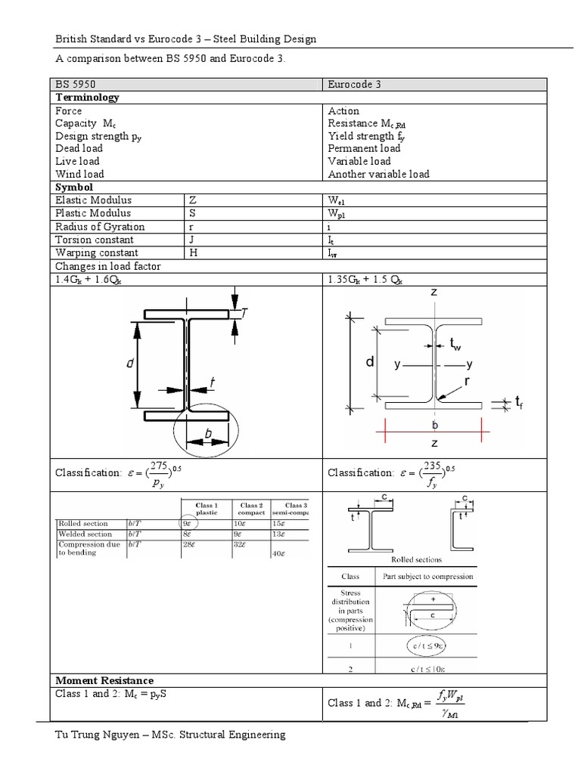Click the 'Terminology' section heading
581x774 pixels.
[x=86, y=98]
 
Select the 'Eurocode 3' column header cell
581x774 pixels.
[x=354, y=85]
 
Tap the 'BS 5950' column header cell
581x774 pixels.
[x=76, y=85]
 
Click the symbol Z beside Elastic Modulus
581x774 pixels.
[x=193, y=200]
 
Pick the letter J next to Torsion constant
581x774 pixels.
[x=192, y=240]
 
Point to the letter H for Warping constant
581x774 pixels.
[x=193, y=252]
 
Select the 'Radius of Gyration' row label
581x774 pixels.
[x=99, y=227]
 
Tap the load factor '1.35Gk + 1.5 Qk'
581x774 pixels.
[x=365, y=279]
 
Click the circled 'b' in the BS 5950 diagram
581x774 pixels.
[x=207, y=434]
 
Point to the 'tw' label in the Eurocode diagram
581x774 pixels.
[x=455, y=345]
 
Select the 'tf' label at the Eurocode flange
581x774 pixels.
[x=519, y=404]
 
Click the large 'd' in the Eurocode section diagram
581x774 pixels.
[x=370, y=362]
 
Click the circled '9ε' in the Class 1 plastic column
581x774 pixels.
[x=188, y=523]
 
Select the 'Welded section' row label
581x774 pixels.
[x=83, y=534]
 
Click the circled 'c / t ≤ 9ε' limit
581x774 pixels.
[x=428, y=647]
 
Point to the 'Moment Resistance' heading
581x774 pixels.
[x=104, y=680]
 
